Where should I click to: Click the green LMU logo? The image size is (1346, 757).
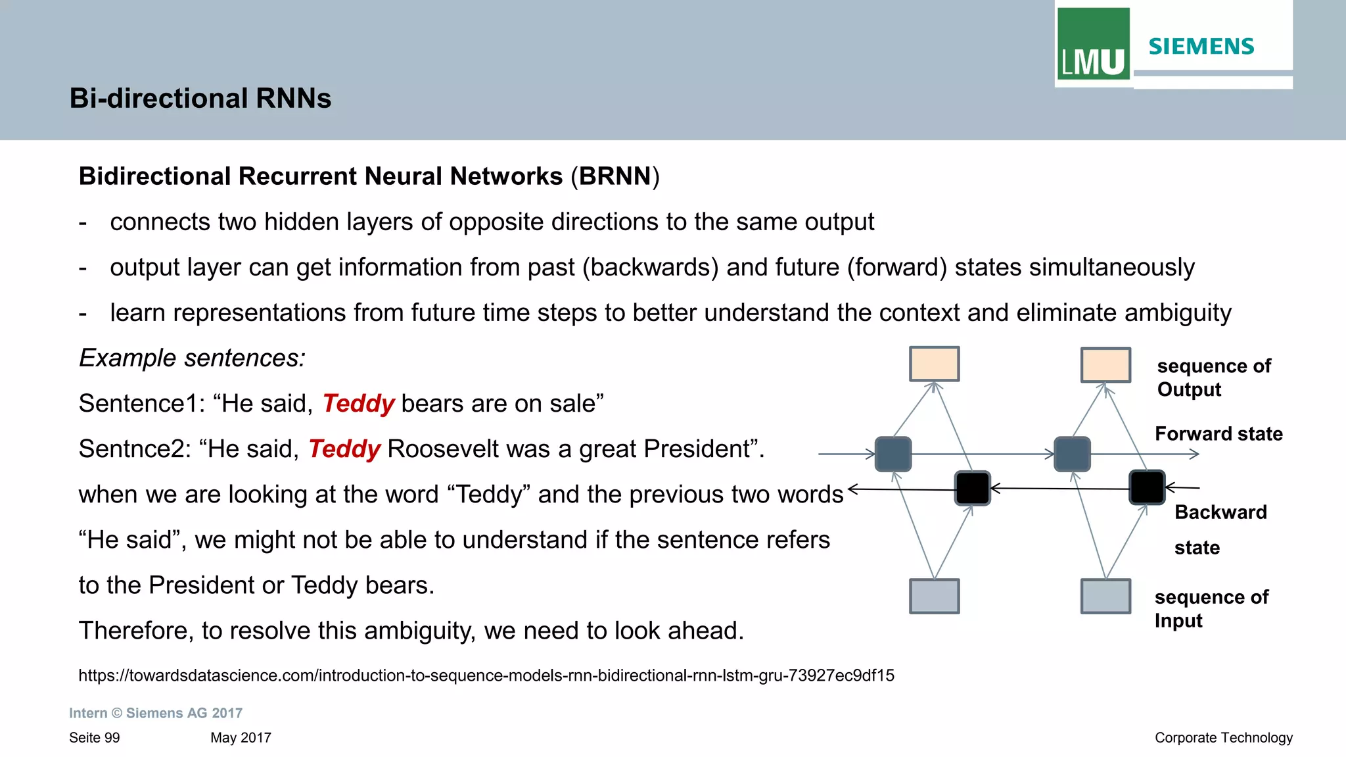click(1093, 45)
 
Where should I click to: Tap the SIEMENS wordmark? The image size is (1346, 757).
click(1201, 47)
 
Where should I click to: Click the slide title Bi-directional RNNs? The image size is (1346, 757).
click(200, 99)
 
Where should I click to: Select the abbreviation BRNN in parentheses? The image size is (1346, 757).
click(615, 176)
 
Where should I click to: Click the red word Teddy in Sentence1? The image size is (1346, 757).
click(358, 403)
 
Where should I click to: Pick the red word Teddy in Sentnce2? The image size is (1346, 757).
click(344, 449)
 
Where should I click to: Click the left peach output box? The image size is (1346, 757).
click(934, 364)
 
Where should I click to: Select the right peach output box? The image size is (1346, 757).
click(1105, 365)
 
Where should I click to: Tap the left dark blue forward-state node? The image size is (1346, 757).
click(893, 454)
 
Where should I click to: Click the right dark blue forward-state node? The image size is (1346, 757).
click(1072, 454)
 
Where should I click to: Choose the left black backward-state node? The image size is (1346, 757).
click(972, 488)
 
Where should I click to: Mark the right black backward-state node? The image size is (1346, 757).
click(1147, 487)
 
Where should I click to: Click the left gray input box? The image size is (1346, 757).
click(934, 596)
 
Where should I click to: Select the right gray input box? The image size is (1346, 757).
click(1105, 596)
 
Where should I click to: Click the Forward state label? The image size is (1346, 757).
click(1218, 434)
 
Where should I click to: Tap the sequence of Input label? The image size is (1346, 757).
click(1211, 608)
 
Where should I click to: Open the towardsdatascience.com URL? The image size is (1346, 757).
click(486, 675)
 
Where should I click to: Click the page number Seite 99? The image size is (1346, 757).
click(95, 738)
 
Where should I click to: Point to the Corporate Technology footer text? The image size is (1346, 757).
click(1223, 738)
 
